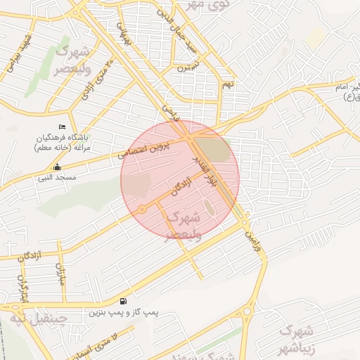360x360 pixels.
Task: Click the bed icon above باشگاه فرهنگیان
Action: click(63, 127)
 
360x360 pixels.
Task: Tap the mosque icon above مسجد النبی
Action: click(58, 167)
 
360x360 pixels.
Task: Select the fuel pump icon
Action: click(124, 300)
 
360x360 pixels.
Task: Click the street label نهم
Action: click(227, 84)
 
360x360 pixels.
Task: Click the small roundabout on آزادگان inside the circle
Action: click(142, 209)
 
